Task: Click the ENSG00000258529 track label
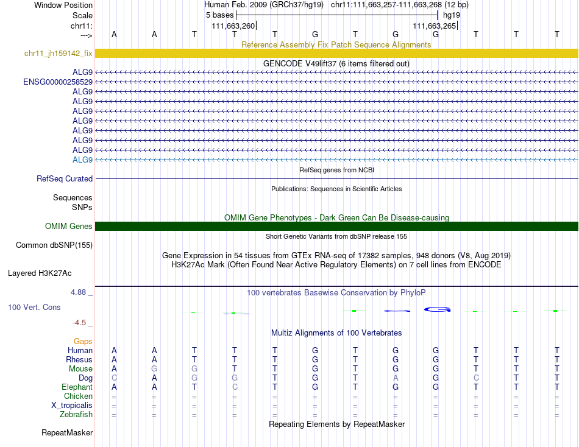tap(58, 82)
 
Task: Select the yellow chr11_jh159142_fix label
tap(59, 54)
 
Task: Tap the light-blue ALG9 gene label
tap(82, 160)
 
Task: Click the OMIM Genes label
tap(69, 227)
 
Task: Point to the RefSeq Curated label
tap(65, 179)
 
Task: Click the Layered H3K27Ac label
tap(50, 273)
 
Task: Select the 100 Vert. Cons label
tap(34, 308)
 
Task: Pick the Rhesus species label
tap(79, 360)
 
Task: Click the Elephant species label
tap(77, 387)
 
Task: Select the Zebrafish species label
tap(76, 415)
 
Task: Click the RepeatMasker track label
tap(67, 433)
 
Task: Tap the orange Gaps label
tap(83, 342)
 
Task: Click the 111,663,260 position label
tap(233, 26)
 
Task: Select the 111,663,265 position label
tap(434, 26)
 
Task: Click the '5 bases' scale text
tap(219, 15)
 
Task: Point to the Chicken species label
tap(78, 396)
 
